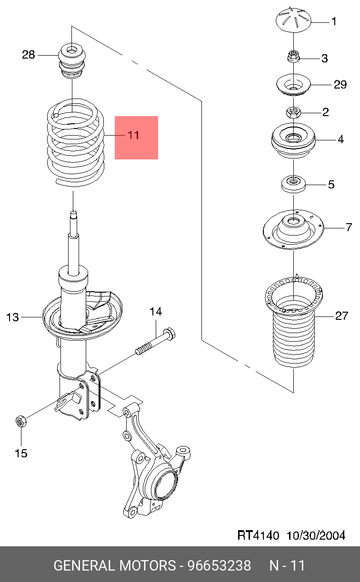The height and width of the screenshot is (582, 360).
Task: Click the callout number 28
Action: [28, 55]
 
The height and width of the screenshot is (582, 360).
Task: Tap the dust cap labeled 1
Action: [293, 20]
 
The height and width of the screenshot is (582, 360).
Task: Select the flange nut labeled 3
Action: [293, 56]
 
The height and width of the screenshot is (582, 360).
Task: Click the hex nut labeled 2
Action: [293, 112]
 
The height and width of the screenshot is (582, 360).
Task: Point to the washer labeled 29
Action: [293, 85]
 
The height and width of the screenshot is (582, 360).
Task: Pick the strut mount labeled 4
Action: [293, 140]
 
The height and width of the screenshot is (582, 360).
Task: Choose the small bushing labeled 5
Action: [293, 184]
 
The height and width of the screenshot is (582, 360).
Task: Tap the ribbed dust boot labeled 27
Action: [294, 322]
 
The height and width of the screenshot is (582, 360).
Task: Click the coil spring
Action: [76, 142]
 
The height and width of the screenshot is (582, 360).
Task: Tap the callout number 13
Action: [12, 317]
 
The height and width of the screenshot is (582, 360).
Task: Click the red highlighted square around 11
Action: [137, 138]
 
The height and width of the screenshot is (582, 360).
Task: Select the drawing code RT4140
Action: [258, 535]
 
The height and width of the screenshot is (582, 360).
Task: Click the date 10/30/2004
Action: [316, 535]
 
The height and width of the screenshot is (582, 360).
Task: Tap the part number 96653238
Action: [219, 565]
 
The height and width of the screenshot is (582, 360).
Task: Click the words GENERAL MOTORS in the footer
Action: [115, 565]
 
